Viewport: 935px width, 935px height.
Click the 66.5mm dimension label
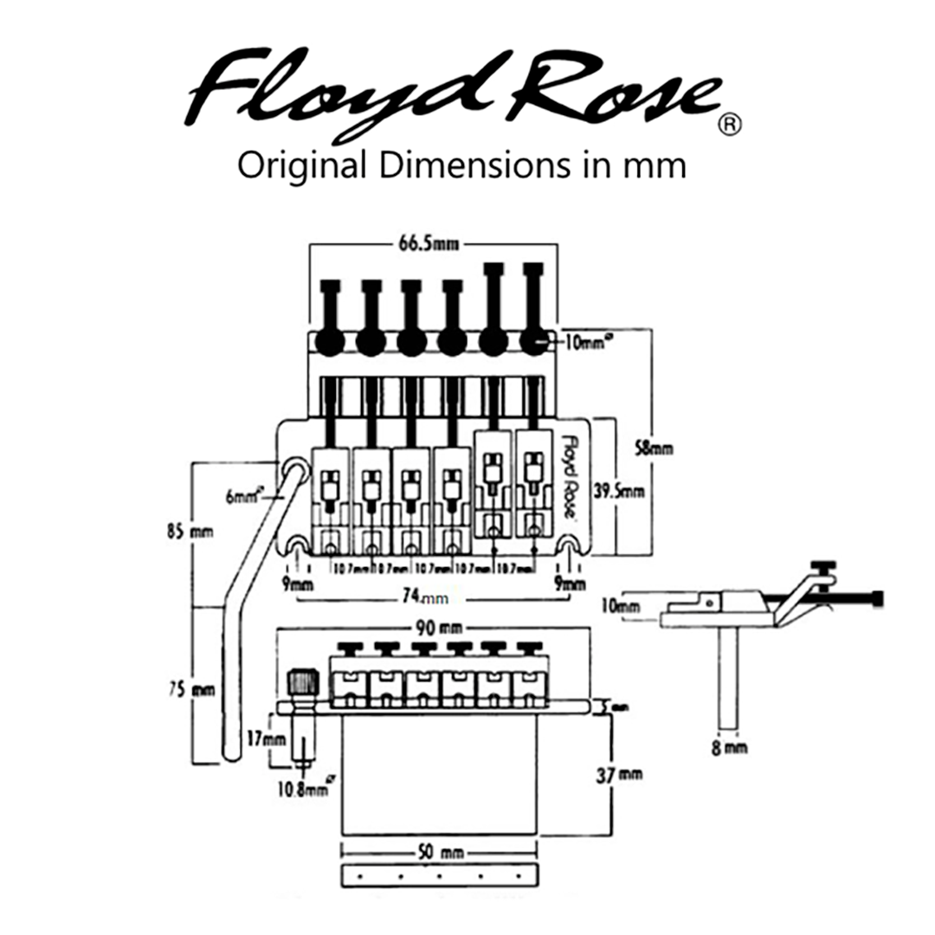coord(430,243)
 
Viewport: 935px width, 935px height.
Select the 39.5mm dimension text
coord(619,491)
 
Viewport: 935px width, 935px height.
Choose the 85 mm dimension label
coord(190,531)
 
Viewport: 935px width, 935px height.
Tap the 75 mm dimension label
coord(190,690)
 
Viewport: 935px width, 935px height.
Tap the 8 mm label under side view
coord(729,746)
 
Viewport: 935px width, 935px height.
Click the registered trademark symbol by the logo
coord(730,126)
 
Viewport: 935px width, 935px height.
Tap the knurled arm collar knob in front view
coord(304,682)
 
